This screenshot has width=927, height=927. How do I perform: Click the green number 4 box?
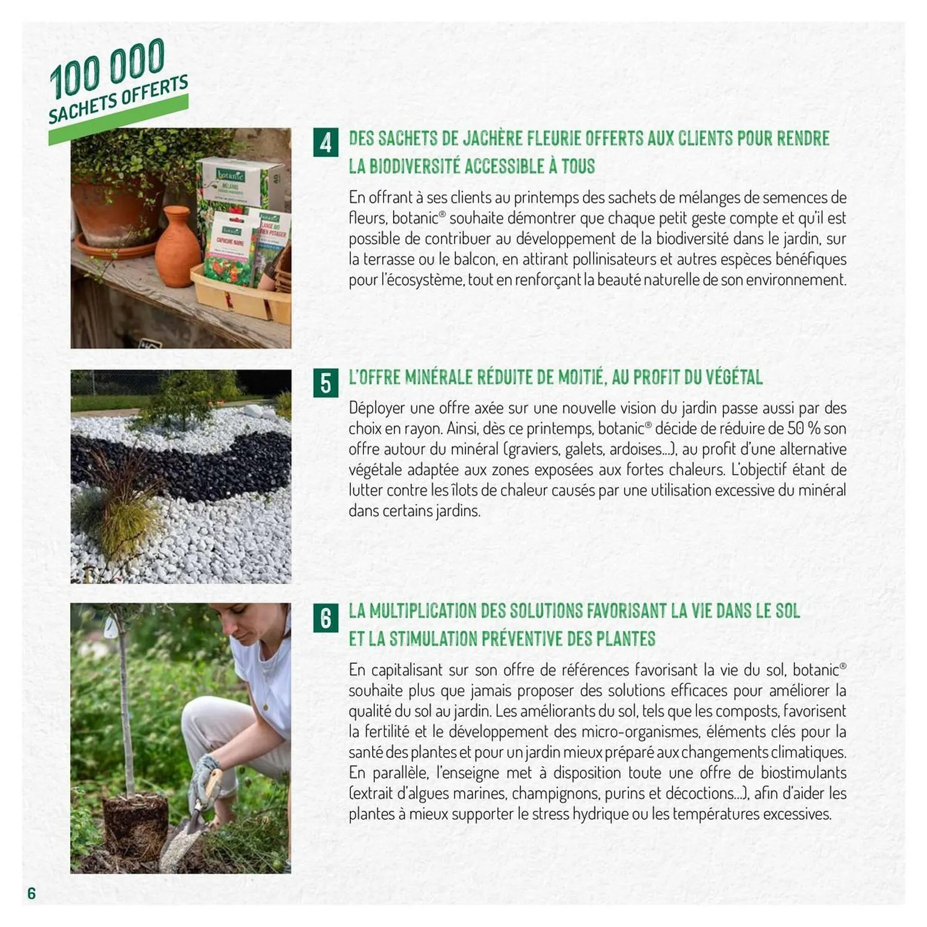tap(325, 142)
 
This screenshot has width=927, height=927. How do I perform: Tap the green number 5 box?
tap(325, 383)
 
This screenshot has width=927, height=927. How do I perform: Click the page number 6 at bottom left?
tap(32, 893)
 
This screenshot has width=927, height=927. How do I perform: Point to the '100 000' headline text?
tap(107, 67)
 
